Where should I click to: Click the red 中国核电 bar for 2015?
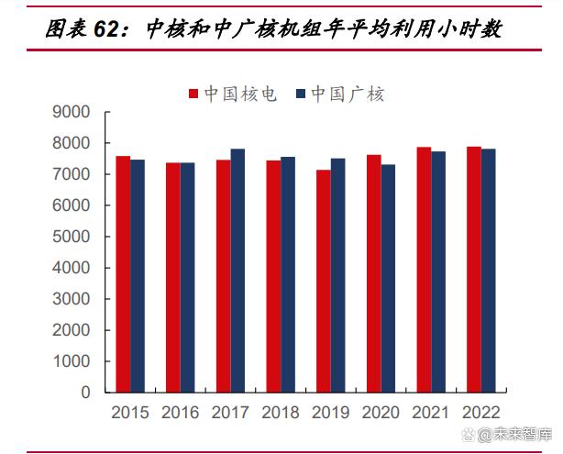(122, 273)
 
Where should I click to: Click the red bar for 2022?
(474, 269)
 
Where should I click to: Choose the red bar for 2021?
(424, 269)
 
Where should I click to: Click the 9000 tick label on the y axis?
(72, 112)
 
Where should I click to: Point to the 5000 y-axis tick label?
(72, 237)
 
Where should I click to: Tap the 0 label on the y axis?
(86, 393)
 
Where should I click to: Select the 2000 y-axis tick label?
(72, 330)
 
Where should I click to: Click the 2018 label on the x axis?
(281, 414)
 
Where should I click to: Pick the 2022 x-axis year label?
(481, 414)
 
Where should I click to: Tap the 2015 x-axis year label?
(130, 414)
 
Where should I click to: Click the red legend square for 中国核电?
(194, 94)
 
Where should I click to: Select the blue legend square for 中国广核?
(300, 94)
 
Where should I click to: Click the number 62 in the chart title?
(107, 29)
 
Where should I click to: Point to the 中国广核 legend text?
(348, 94)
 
